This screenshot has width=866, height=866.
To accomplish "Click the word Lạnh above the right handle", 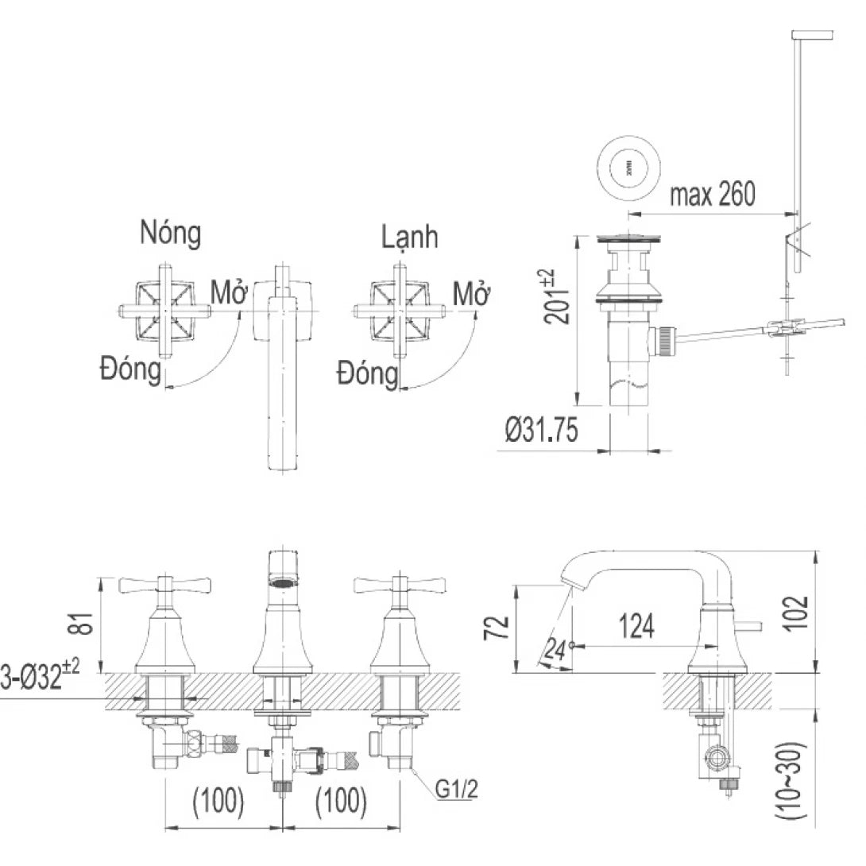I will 408,236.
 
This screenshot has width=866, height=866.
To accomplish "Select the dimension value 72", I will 497,627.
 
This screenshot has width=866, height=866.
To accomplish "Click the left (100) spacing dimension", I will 218,802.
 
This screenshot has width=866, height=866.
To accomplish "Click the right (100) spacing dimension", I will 342,802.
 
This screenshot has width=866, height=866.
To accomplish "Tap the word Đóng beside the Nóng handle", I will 130,369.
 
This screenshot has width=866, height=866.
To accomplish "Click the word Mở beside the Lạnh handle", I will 470,295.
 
